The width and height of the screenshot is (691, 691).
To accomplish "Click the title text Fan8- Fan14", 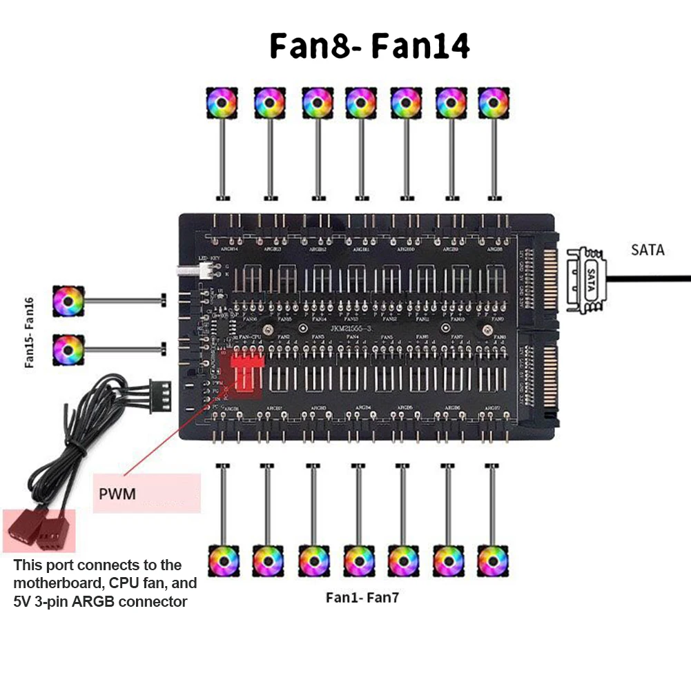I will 369,46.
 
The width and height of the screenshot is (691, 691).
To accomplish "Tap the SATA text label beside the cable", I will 648,250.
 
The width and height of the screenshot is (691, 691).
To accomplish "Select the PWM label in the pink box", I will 117,494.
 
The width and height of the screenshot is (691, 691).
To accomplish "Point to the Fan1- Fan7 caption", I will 362,598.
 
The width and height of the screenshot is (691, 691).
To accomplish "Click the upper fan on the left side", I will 69,302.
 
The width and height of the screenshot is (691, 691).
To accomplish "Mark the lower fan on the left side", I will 69,349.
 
